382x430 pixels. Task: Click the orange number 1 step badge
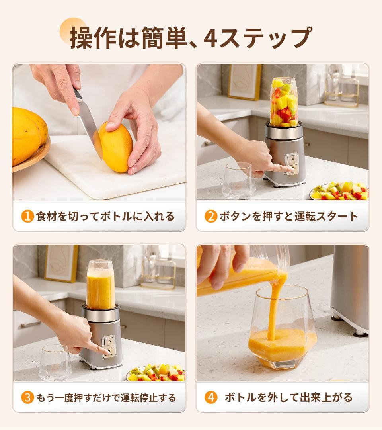[27, 217]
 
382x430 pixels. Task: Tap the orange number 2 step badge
[211, 217]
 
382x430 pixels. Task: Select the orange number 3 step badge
[27, 397]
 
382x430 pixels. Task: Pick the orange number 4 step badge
[211, 397]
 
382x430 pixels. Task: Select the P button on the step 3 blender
[109, 341]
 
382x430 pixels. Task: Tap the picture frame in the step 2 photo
[244, 81]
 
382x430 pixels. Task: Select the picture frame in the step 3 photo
[61, 263]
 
